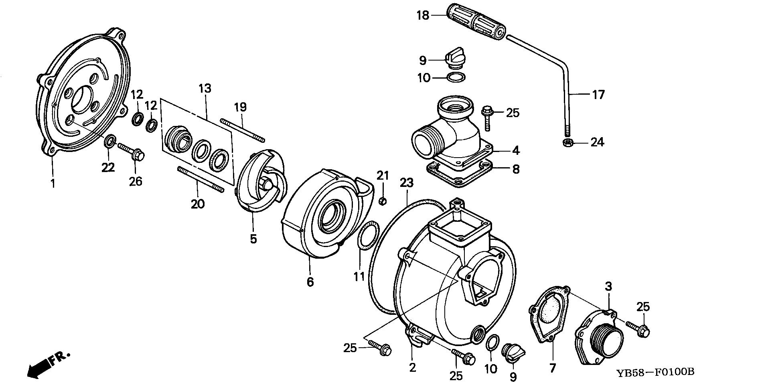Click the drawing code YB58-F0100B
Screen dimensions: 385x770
(655, 372)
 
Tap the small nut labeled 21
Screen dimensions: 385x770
(383, 201)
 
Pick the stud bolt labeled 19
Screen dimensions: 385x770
(242, 130)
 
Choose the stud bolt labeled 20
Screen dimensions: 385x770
(200, 179)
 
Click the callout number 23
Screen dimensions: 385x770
(406, 183)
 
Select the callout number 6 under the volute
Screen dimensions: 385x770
(310, 282)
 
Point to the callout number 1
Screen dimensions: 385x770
(53, 184)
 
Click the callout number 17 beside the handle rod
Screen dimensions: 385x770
(598, 95)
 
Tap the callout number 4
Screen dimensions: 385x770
(516, 151)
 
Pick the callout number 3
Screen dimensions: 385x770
(609, 287)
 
